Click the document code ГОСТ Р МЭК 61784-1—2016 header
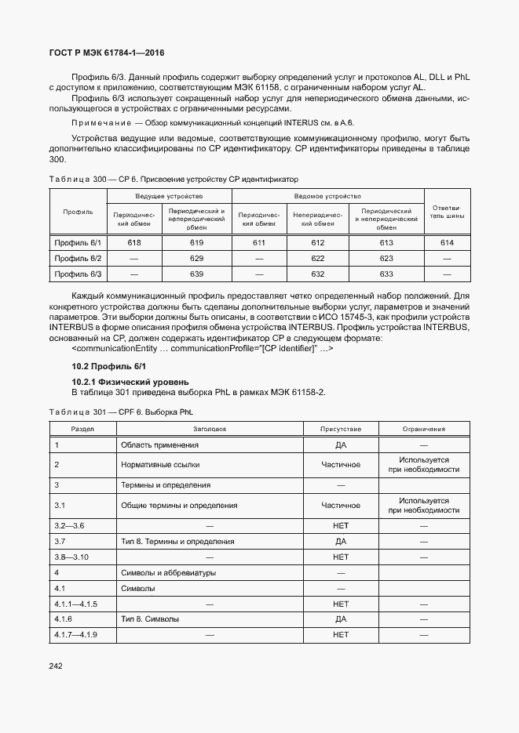coord(107,54)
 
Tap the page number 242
coord(55,666)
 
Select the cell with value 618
coord(134,243)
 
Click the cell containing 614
coord(448,243)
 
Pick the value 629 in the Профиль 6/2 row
coord(196,258)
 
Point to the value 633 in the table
coord(386,274)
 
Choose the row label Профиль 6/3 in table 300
coord(78,274)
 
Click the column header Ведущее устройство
coord(169,196)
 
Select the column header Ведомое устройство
coord(327,196)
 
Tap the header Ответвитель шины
coord(448,212)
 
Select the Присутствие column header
coord(341,429)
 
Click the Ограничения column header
coord(423,429)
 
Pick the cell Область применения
coord(159,445)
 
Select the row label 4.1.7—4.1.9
coord(75,634)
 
